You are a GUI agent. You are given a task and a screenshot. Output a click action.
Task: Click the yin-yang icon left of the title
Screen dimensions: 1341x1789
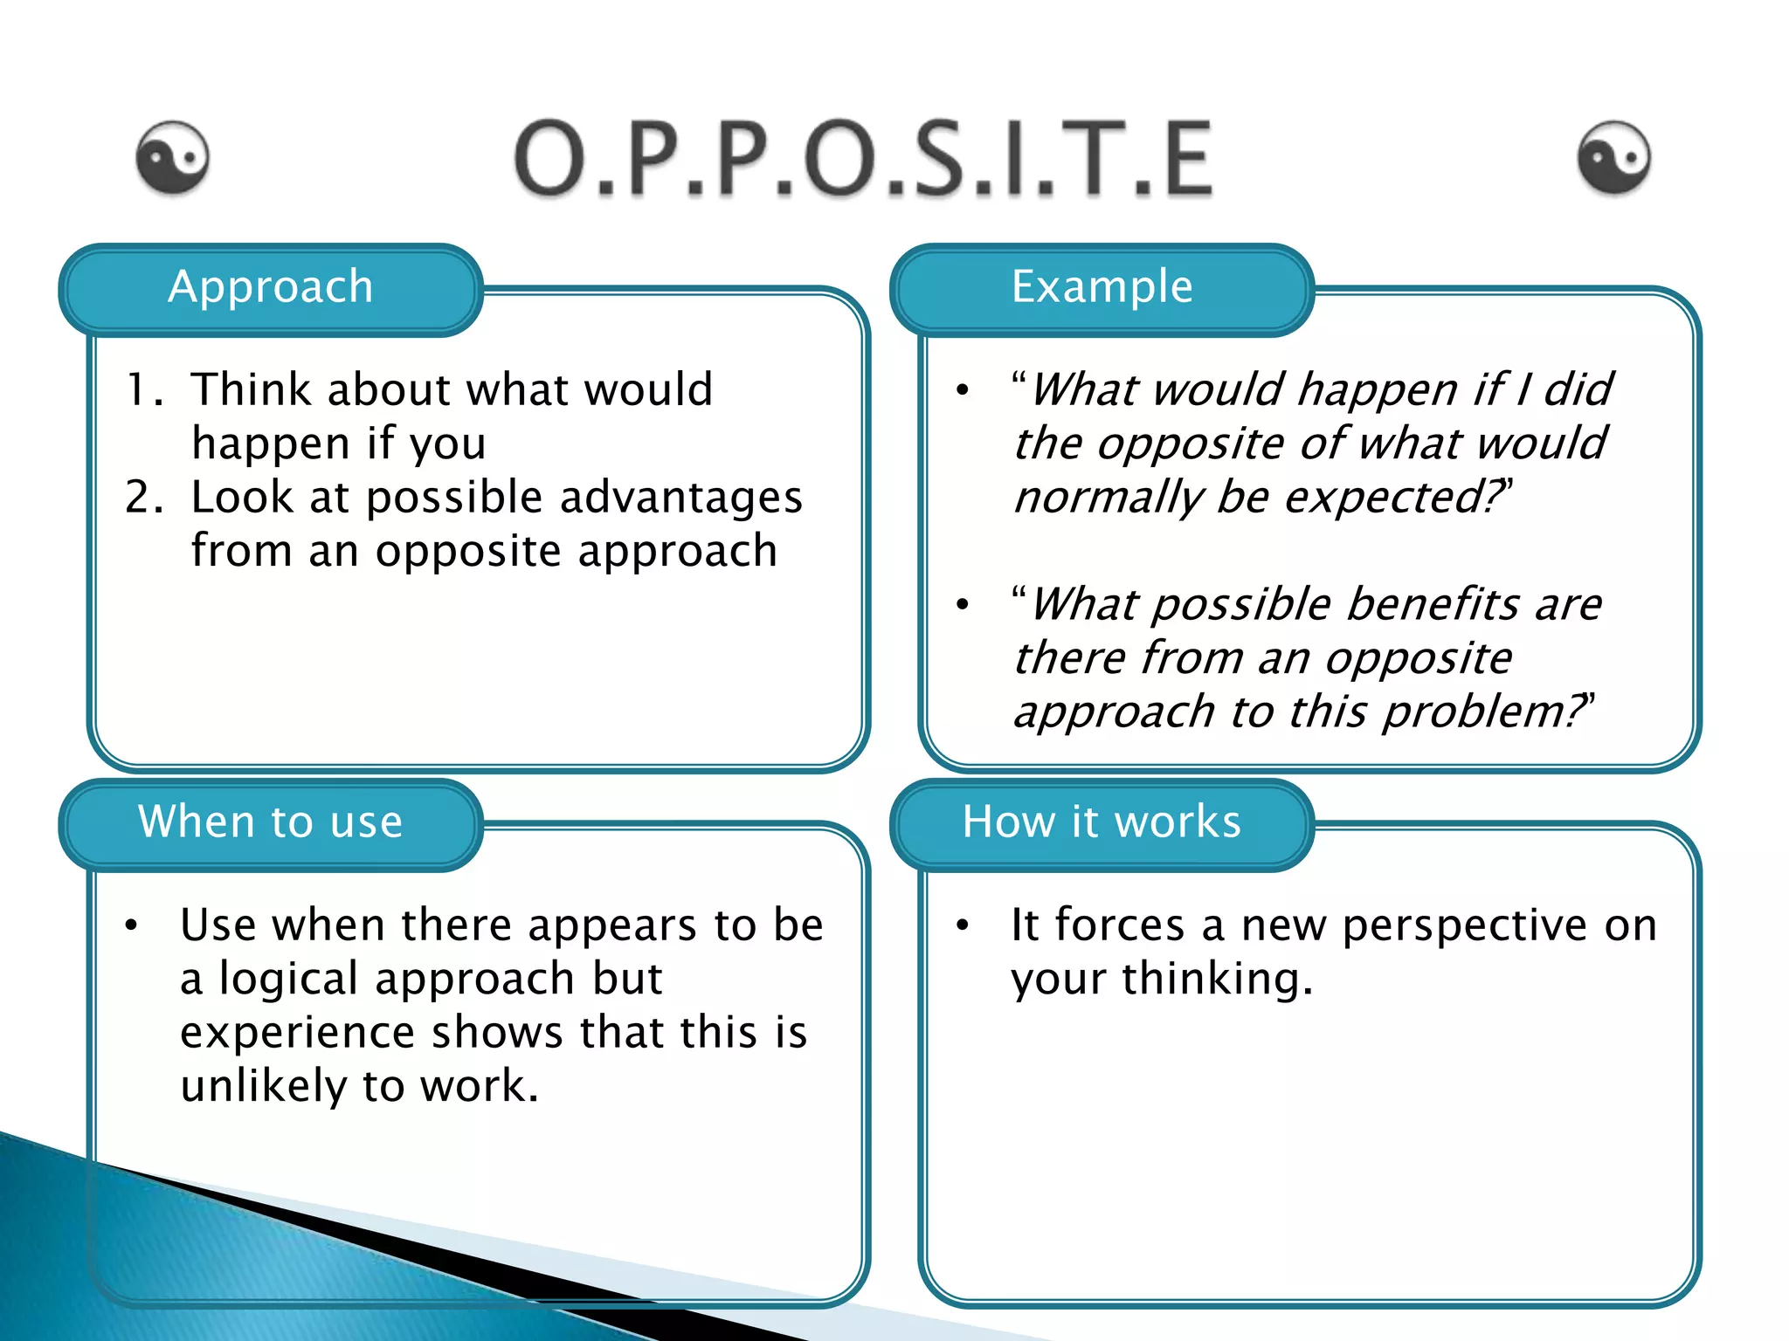(x=173, y=157)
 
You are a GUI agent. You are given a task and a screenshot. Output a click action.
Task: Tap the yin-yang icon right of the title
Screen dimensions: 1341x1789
(x=1614, y=157)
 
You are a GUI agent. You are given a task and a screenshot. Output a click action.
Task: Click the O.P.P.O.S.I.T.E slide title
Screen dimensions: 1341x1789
(x=863, y=159)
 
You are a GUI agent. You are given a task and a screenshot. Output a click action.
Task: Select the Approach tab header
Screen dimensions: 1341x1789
(x=271, y=288)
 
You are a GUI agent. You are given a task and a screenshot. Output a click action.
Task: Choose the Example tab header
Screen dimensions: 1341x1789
(x=1102, y=288)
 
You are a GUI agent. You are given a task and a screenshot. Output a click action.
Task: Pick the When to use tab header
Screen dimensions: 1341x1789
(x=271, y=822)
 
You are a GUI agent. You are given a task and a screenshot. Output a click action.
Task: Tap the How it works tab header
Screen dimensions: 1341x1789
(x=1102, y=822)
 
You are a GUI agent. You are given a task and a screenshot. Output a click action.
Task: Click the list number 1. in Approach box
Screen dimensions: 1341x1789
(x=144, y=389)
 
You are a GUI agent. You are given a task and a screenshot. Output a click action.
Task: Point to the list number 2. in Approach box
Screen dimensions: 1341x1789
(x=144, y=498)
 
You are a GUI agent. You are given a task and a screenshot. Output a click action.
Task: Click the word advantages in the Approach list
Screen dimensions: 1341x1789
(x=680, y=498)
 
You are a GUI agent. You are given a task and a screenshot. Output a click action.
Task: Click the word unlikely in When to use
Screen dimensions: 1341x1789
(x=264, y=1087)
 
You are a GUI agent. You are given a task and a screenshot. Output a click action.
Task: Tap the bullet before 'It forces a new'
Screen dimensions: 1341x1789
(x=963, y=925)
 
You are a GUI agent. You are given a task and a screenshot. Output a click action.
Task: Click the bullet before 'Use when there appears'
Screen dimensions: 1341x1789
(x=131, y=925)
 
